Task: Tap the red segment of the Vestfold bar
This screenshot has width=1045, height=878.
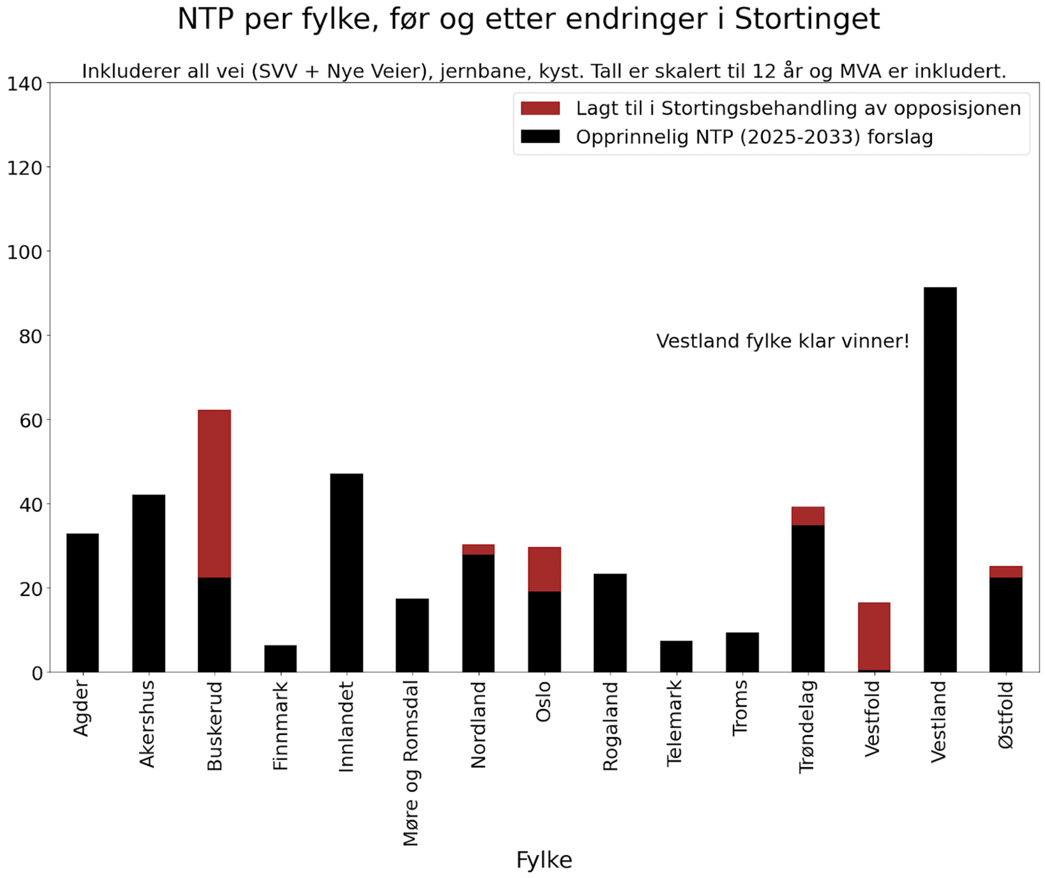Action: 874,636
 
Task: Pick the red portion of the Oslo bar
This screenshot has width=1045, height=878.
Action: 544,569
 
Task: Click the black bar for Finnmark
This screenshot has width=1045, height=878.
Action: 280,658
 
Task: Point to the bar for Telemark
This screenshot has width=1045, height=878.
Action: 676,656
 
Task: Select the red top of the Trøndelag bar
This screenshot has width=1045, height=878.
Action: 808,516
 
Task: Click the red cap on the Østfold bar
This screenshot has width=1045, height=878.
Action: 1006,572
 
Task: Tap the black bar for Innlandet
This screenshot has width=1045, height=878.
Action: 346,573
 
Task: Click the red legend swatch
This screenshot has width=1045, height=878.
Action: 540,108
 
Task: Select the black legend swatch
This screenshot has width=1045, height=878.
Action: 540,137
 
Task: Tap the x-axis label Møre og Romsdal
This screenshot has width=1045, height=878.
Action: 410,763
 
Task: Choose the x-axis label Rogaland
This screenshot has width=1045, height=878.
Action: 610,726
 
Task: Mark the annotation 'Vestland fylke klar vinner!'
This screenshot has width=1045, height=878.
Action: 782,341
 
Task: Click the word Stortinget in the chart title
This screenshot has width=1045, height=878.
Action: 807,20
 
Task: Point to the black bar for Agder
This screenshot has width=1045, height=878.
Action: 82,603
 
